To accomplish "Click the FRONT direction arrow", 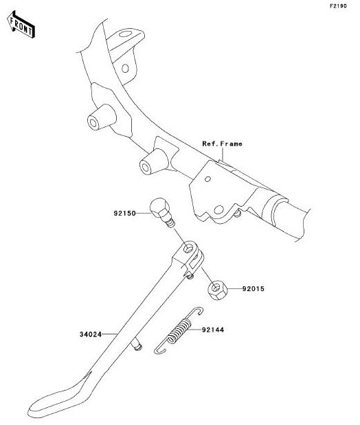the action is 21,25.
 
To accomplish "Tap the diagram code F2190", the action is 338,6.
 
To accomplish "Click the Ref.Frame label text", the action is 222,143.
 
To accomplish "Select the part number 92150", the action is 124,214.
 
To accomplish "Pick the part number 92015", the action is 253,289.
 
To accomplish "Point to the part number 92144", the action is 213,330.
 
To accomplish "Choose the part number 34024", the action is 91,334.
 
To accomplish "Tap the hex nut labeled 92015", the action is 217,290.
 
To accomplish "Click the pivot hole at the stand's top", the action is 188,248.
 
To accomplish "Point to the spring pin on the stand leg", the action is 137,345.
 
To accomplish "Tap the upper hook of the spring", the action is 196,311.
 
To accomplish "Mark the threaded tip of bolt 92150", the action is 170,223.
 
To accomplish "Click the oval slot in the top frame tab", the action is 125,34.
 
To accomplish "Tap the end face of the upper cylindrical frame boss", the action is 93,123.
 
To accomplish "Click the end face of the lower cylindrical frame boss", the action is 146,168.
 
